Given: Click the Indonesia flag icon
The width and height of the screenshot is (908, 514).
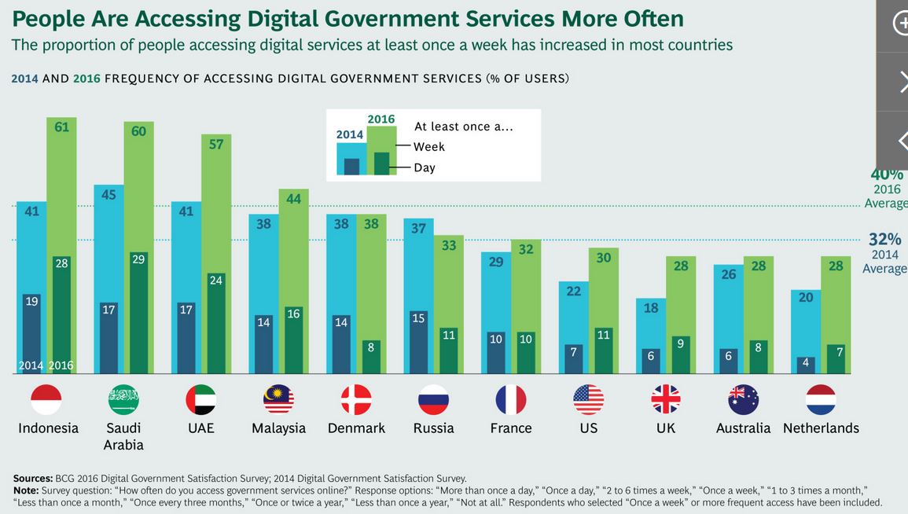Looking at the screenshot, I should click(46, 400).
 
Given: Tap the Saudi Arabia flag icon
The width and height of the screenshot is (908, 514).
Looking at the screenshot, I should click(123, 400).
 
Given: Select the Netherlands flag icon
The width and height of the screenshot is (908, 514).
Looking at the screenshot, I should click(821, 400).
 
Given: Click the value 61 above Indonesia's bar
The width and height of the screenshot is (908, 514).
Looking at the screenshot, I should click(61, 127).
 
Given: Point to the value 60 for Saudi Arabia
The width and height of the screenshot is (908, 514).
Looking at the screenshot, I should click(138, 131).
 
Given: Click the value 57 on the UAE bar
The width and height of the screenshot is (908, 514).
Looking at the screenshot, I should click(215, 144).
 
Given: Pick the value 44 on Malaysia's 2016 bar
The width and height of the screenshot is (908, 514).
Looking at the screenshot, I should click(293, 199).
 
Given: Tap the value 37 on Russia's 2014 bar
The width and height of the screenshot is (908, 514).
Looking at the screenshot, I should click(418, 228).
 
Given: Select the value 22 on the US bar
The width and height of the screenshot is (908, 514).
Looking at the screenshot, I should click(574, 291).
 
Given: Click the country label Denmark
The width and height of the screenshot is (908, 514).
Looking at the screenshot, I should click(356, 428).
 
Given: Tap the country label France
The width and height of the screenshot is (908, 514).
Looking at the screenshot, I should click(511, 428).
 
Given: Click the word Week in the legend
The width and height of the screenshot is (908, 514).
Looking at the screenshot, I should click(429, 146).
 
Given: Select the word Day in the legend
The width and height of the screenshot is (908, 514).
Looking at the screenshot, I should click(425, 167).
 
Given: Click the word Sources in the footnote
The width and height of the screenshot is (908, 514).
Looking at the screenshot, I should click(33, 478).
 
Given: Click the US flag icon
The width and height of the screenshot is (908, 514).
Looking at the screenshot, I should click(588, 400).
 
